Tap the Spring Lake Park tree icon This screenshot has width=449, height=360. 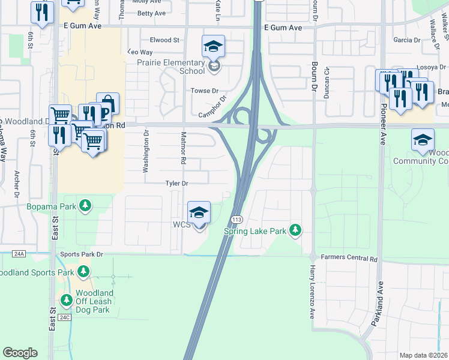295,230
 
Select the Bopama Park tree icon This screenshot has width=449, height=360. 86,206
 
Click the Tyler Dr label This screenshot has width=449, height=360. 178,184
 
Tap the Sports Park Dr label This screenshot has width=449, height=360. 82,254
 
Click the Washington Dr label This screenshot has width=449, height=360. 146,155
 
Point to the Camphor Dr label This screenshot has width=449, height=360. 214,107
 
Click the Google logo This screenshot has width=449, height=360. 20,353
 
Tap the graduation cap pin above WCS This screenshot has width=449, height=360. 199,213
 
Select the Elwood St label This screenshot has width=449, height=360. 165,40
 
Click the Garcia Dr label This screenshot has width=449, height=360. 407,40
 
